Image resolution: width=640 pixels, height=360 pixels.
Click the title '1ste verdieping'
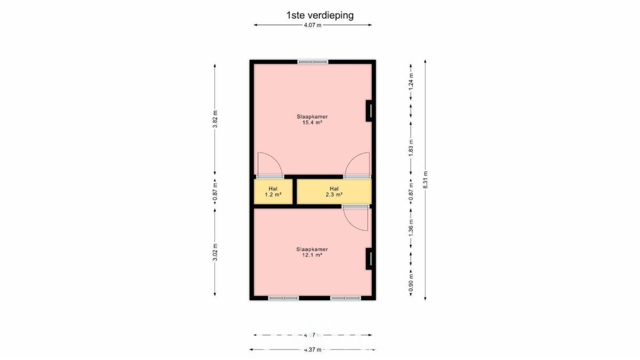(x=320, y=15)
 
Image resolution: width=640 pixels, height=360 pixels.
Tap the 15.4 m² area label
(x=313, y=123)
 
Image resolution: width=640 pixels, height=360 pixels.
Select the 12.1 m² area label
(x=312, y=255)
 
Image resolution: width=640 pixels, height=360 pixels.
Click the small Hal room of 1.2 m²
(x=273, y=191)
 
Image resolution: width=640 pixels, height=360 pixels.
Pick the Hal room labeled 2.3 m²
(x=334, y=191)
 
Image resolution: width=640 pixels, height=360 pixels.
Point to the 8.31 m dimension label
(x=426, y=180)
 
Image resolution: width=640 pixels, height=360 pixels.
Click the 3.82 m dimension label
(x=215, y=119)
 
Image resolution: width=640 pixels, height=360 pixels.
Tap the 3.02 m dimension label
(x=215, y=252)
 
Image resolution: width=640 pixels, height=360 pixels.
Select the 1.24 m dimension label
(x=411, y=82)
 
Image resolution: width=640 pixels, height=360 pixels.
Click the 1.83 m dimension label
(x=411, y=148)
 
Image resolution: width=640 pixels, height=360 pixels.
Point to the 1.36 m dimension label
(x=411, y=227)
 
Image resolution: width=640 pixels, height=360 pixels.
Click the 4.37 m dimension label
(x=313, y=350)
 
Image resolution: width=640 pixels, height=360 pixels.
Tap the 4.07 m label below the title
(x=313, y=25)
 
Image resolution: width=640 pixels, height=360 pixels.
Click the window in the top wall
(x=313, y=62)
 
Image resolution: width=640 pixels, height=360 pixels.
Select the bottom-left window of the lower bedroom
(x=283, y=298)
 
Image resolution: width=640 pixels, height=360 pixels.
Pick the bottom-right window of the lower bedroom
(x=346, y=298)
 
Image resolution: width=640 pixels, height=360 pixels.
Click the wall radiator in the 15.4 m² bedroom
(x=370, y=110)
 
